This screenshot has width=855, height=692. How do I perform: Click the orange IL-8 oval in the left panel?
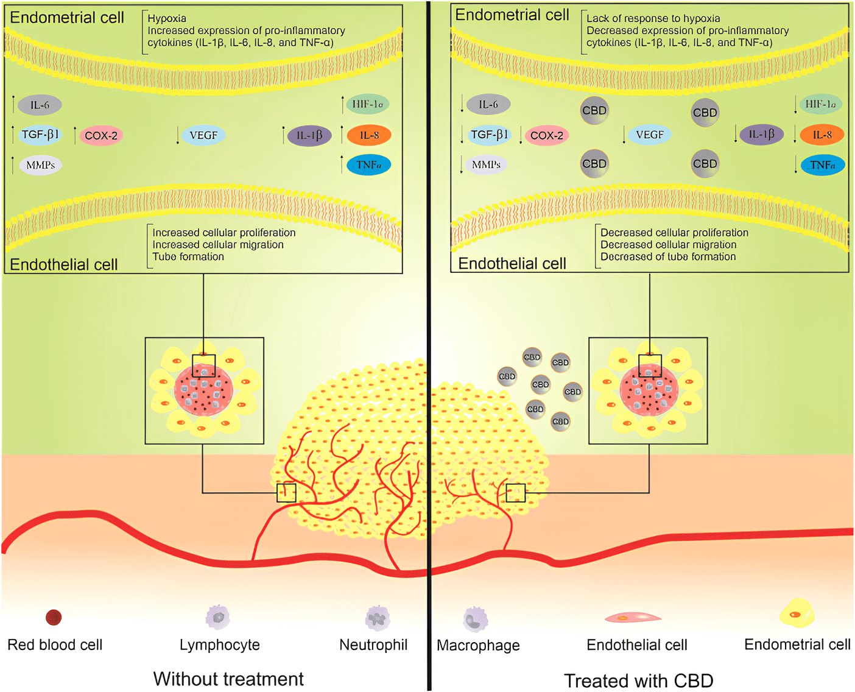click(368, 135)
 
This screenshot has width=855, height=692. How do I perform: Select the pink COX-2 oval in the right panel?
click(546, 135)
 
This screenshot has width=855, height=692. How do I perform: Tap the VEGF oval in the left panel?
click(203, 135)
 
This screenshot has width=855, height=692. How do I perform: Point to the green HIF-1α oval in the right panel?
click(820, 104)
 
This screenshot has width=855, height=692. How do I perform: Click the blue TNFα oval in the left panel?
click(368, 164)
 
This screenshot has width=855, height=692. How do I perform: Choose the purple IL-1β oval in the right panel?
click(761, 135)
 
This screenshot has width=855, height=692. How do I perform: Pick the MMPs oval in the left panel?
click(41, 165)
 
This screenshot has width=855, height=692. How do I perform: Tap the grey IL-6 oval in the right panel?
click(488, 105)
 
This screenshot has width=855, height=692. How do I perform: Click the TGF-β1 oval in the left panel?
click(40, 135)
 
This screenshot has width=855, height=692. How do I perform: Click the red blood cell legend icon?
click(54, 618)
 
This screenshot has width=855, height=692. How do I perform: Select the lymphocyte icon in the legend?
click(218, 617)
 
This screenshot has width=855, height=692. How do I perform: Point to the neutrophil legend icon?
click(377, 618)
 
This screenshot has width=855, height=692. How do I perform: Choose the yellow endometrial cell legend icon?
click(797, 613)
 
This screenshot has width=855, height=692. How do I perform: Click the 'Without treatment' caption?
click(228, 679)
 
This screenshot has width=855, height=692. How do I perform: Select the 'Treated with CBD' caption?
click(638, 680)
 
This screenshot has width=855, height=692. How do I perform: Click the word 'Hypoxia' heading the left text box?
click(167, 18)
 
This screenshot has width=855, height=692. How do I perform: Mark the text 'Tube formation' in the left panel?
click(188, 256)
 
